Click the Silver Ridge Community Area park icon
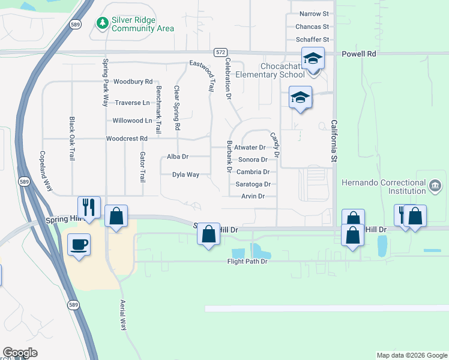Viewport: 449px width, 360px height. pyautogui.click(x=103, y=23)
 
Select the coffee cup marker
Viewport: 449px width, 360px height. pyautogui.click(x=79, y=245)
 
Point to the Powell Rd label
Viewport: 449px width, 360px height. pyautogui.click(x=358, y=53)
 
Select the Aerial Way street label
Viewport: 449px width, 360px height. pyautogui.click(x=123, y=315)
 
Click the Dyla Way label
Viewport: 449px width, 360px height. pyautogui.click(x=185, y=175)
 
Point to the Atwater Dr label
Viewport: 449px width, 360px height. pyautogui.click(x=250, y=147)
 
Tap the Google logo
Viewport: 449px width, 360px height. pyautogui.click(x=20, y=353)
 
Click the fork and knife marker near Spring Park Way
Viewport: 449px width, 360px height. pyautogui.click(x=89, y=207)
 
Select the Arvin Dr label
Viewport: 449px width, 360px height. pyautogui.click(x=253, y=196)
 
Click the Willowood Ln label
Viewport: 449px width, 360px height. pyautogui.click(x=133, y=121)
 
